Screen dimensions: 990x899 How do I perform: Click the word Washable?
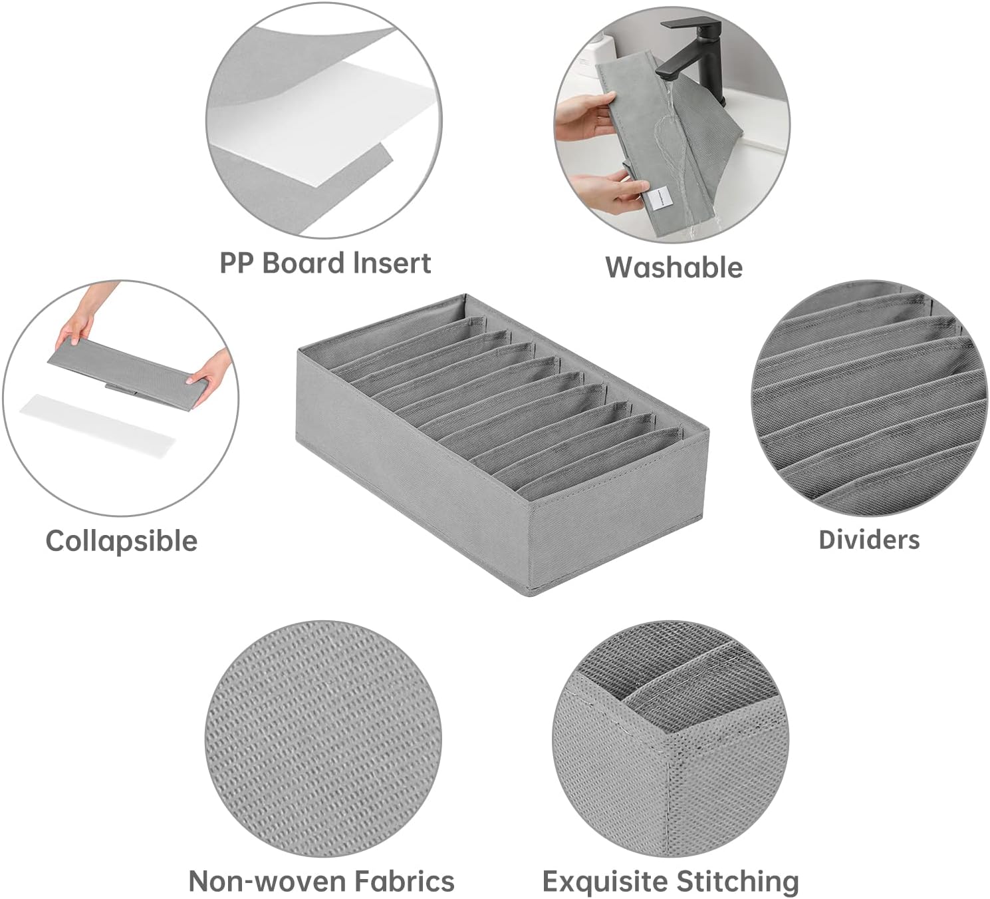click(674, 268)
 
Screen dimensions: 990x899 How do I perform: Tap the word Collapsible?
click(122, 542)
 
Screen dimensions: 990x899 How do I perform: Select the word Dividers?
click(869, 540)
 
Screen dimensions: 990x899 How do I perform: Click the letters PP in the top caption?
click(237, 263)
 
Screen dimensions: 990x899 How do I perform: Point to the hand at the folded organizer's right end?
click(210, 377)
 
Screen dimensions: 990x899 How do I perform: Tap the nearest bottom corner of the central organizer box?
click(529, 595)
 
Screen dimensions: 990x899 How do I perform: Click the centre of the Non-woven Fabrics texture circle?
click(323, 739)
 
